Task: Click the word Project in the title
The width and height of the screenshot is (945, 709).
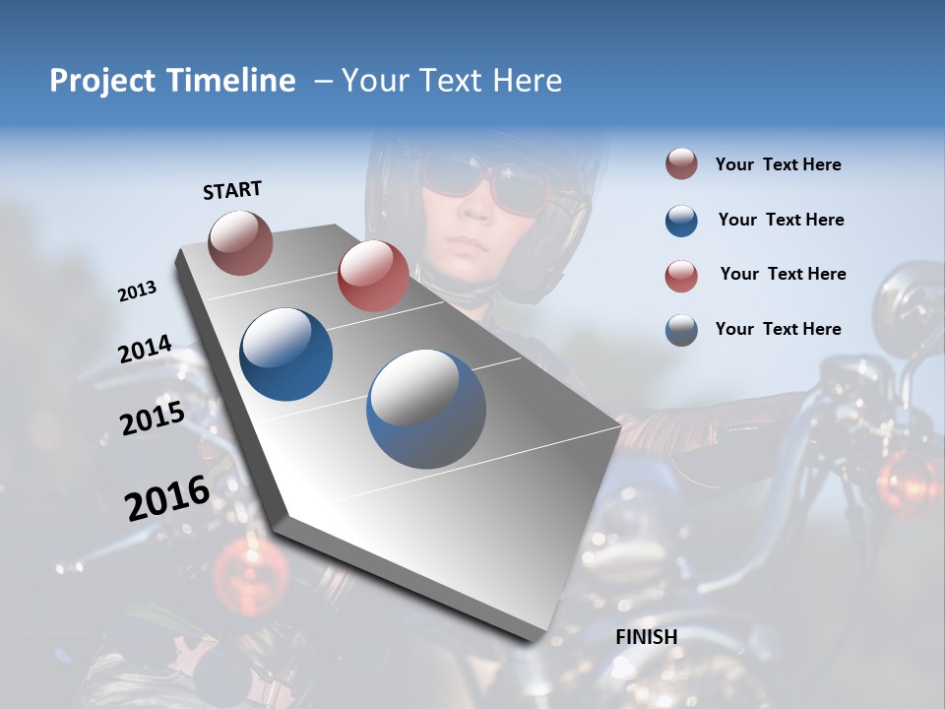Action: pos(102,81)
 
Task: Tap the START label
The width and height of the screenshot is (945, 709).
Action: pos(232,190)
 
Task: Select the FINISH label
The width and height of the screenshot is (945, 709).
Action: pos(646,637)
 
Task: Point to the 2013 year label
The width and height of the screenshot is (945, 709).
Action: pos(137,291)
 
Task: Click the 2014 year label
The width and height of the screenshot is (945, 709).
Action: pos(145,350)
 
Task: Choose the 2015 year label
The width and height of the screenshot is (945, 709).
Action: pos(153,419)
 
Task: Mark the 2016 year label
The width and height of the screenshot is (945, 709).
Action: pos(167,498)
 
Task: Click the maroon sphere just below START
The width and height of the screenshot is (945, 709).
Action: pos(240,242)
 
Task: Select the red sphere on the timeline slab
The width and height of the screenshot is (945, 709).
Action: pos(373,276)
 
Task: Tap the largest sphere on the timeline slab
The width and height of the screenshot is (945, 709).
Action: pos(426,409)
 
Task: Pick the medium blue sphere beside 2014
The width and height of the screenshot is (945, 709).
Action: pos(285,354)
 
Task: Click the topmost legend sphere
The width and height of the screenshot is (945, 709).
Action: pos(681,164)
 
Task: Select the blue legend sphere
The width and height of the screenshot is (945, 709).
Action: pos(681,221)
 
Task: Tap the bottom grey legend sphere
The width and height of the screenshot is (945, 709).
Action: pos(681,330)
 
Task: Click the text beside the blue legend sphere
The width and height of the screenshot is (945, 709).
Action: pos(781,220)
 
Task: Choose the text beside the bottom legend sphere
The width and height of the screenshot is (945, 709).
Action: pos(778,329)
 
